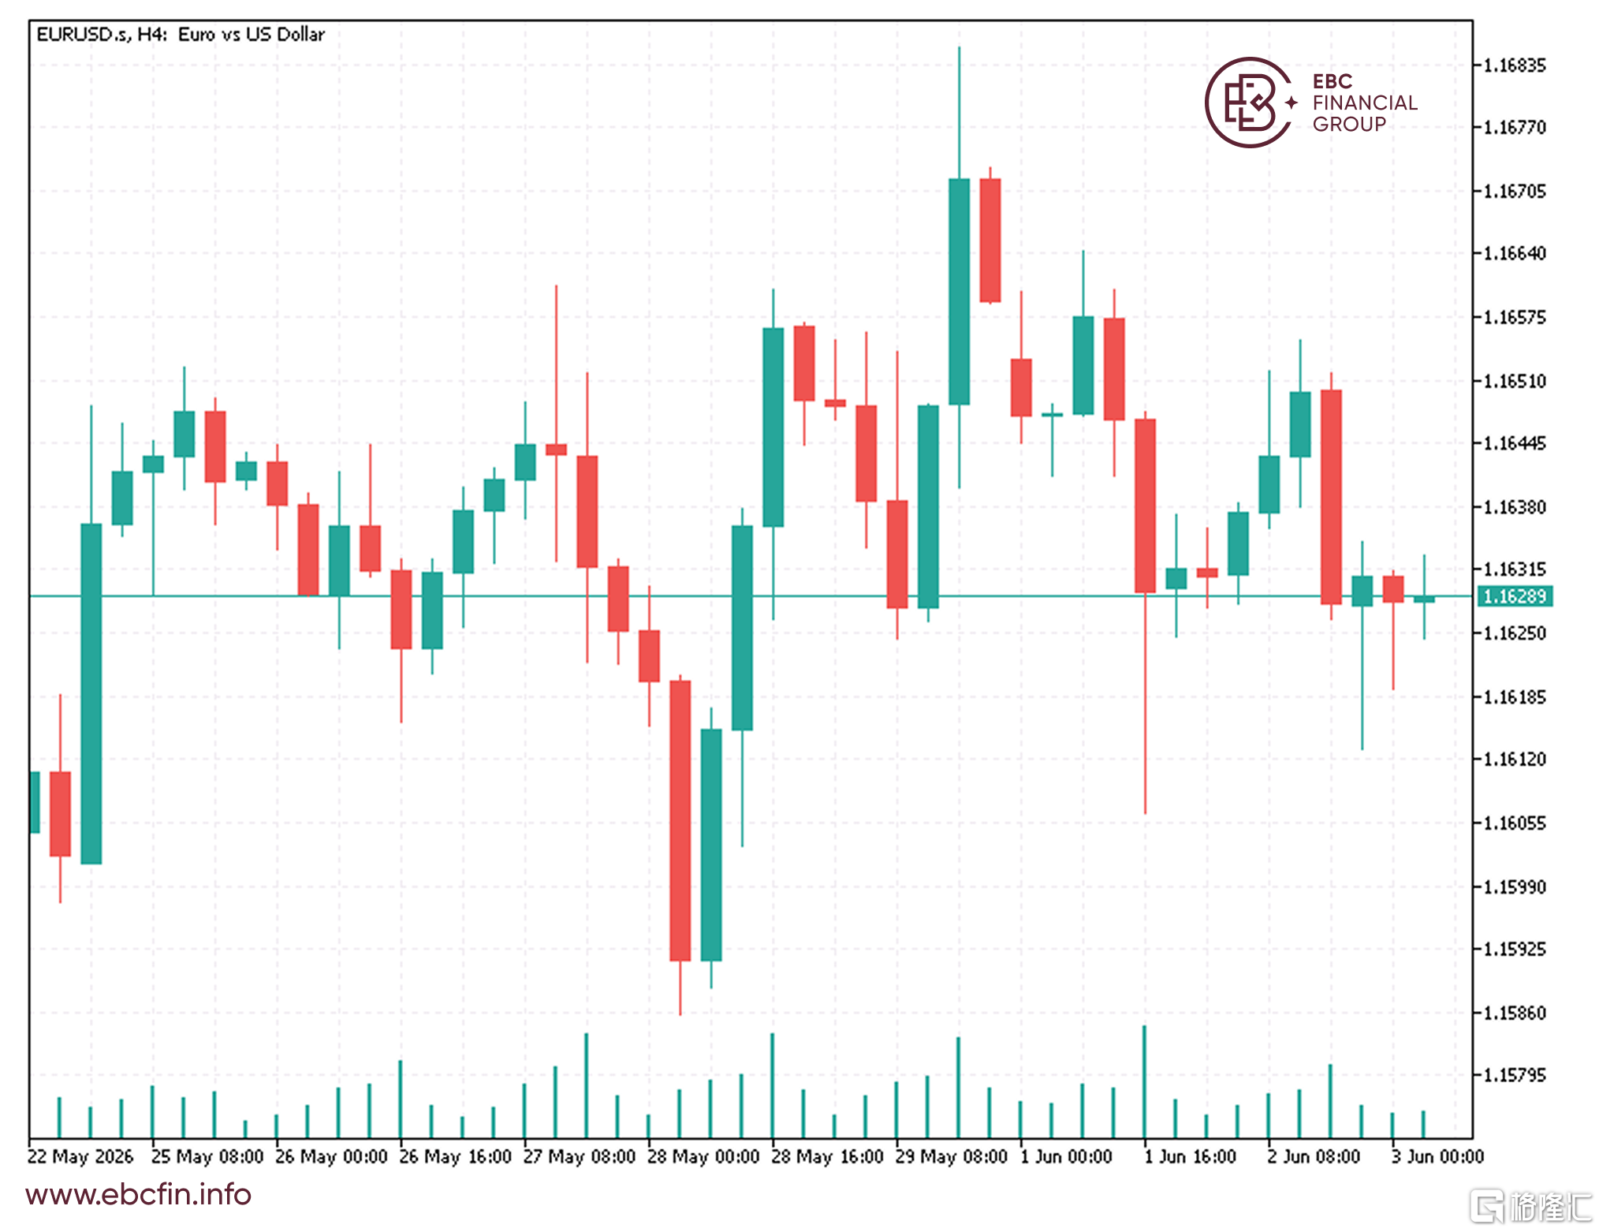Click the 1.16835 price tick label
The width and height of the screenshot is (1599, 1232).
coord(1514,65)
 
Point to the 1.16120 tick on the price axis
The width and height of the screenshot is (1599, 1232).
coord(1514,760)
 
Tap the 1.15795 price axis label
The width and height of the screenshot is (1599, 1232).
coord(1514,1076)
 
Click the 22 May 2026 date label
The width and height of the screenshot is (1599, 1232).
coord(80,1157)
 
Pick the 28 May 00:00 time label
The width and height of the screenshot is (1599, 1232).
coord(703,1157)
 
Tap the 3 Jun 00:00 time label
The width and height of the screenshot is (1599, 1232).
coord(1437,1157)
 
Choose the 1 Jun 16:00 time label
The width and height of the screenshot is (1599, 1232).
coord(1190,1157)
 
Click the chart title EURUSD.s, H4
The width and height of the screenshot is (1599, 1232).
coord(102,35)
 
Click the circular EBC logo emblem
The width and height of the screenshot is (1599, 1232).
coord(1249,103)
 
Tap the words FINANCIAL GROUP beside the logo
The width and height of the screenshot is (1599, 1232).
coord(1365,114)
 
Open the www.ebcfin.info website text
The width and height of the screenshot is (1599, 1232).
coord(138,1195)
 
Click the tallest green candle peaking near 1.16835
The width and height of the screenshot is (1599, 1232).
coord(959,291)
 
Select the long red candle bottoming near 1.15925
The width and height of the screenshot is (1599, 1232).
coord(680,820)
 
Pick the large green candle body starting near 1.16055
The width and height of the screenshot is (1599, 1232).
coord(91,694)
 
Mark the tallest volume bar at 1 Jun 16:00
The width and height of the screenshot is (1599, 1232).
coord(1145,1081)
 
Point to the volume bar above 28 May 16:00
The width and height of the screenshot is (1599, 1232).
coord(773,1085)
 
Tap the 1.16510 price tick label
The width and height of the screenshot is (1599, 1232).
coord(1514,382)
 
